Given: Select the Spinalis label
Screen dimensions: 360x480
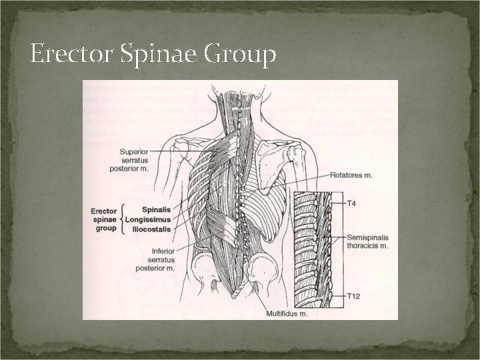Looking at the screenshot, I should point(147,209).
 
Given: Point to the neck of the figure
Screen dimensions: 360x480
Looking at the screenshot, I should point(233,107).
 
